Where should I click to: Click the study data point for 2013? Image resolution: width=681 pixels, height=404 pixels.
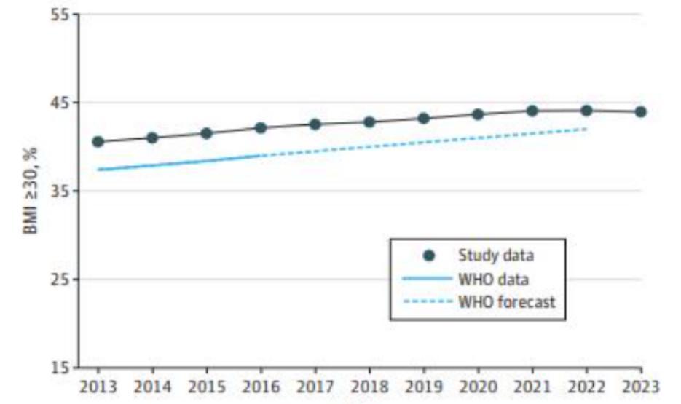tap(98, 141)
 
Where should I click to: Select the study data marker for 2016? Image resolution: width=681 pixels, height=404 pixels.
tap(261, 127)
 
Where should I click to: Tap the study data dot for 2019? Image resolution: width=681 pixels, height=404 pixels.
tap(423, 118)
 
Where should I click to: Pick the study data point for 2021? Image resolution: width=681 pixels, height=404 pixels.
tap(532, 111)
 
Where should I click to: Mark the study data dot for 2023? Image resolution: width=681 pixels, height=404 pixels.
tap(640, 111)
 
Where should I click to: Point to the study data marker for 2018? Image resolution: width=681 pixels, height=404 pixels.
tap(369, 122)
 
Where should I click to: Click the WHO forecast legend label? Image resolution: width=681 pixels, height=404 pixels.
tap(506, 301)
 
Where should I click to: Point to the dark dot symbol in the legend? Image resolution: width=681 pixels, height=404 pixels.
tap(429, 255)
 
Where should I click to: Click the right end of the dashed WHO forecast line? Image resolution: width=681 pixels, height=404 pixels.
tap(586, 129)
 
